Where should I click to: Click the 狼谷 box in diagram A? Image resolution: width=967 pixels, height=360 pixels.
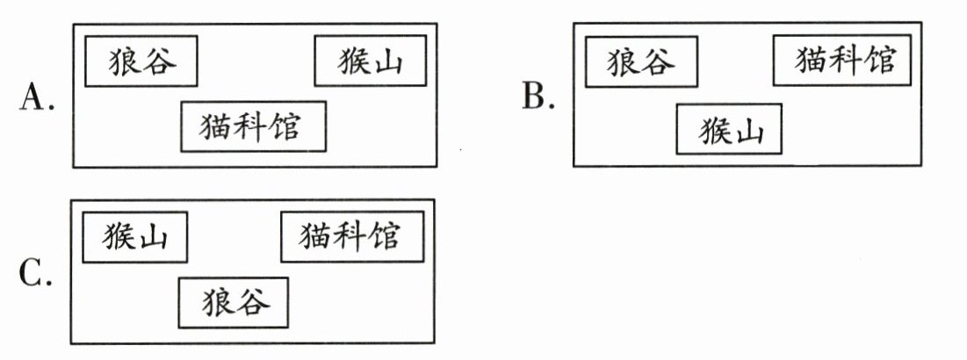tap(141, 61)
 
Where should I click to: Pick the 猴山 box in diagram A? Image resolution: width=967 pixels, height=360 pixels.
tap(370, 61)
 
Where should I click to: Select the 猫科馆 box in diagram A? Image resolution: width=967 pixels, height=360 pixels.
tap(252, 126)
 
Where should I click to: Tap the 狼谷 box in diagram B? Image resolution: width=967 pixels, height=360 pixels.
tap(642, 62)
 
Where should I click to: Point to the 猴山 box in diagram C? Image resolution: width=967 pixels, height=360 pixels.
tap(134, 236)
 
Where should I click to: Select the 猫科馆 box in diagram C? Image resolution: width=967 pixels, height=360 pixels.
tap(351, 236)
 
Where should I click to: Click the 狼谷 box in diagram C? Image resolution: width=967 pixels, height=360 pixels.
tap(233, 303)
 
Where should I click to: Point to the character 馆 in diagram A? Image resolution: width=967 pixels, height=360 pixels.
tap(283, 126)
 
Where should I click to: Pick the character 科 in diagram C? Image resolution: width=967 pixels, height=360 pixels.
tap(351, 236)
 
